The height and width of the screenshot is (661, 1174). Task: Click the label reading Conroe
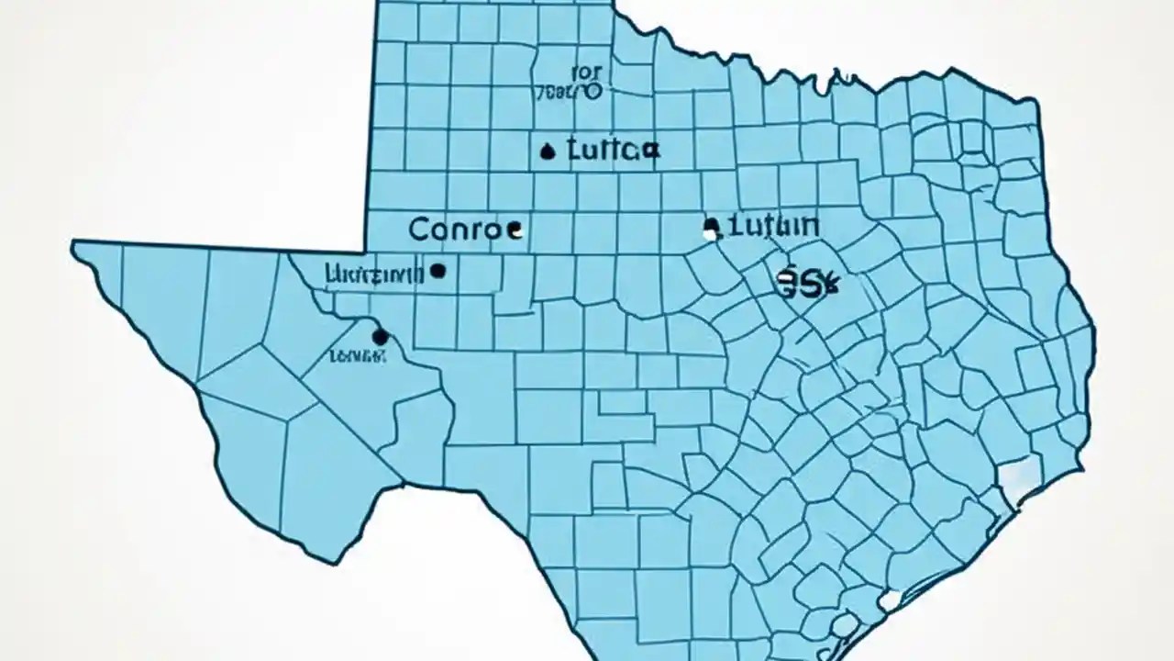pos(456,230)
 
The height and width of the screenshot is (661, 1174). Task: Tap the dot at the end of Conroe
pos(515,232)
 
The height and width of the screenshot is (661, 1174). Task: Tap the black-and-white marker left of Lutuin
pos(709,228)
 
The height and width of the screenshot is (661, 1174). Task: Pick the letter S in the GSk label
pos(807,283)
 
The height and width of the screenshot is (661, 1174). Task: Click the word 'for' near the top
pos(583,71)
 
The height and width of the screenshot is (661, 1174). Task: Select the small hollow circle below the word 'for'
pos(592,91)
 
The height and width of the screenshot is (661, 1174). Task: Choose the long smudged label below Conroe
pos(374,273)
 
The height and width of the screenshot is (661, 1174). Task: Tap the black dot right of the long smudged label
pos(437,271)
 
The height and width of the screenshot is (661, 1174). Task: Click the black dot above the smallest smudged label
pos(380,337)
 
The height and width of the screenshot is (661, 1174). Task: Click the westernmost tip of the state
pos(74,244)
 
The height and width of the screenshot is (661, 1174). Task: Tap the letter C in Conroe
pos(419,230)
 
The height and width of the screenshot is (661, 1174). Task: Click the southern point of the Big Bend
pos(321,560)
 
